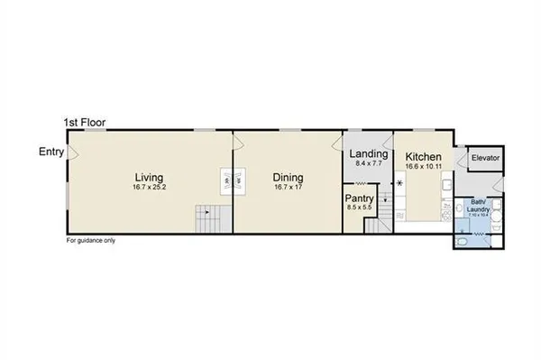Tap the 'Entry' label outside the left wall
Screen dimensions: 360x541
(50, 151)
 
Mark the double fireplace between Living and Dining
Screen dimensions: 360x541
(234, 180)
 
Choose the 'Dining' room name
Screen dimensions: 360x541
(288, 178)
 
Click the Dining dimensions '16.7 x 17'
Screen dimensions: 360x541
(288, 188)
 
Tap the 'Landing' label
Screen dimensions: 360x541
(368, 154)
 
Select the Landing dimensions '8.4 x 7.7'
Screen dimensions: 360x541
(368, 165)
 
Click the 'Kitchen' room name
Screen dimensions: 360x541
(422, 154)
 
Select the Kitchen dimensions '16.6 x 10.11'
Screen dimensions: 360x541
(422, 165)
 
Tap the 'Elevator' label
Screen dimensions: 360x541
(485, 160)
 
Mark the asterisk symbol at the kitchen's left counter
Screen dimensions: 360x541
(399, 184)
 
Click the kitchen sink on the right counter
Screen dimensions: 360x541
(447, 186)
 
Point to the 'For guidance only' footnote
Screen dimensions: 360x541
(91, 241)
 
